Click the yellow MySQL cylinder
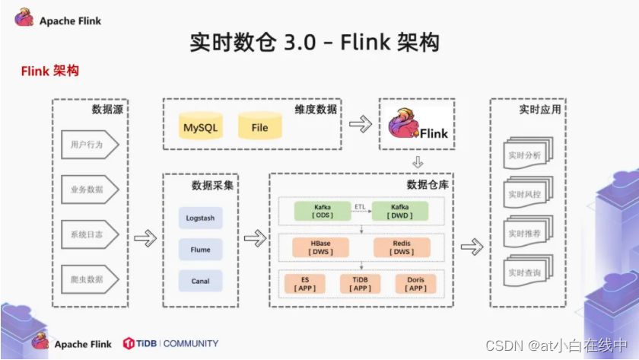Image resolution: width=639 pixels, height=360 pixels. (x=201, y=126)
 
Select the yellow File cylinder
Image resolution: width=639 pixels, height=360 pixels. (x=260, y=126)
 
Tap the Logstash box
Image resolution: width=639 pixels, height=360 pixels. (x=201, y=218)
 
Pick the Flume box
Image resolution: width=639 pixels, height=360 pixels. (x=201, y=250)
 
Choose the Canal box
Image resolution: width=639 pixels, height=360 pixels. (x=201, y=281)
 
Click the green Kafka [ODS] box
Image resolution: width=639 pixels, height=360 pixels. (x=323, y=211)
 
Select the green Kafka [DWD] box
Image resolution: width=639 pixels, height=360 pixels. (x=400, y=211)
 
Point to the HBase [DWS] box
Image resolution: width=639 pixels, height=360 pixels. (x=321, y=247)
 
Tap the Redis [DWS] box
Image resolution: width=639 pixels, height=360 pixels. (x=402, y=247)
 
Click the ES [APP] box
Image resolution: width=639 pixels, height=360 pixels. (x=305, y=284)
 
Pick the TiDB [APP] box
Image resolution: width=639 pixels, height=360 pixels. (x=361, y=284)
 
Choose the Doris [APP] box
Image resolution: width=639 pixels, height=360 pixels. (x=415, y=284)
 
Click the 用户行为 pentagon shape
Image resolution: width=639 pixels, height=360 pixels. (x=90, y=145)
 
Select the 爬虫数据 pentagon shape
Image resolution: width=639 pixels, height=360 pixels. (x=90, y=279)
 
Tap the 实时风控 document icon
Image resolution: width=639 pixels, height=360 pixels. (x=528, y=193)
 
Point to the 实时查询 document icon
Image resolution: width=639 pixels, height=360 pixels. (x=528, y=271)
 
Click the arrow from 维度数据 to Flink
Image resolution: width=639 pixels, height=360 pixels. (x=361, y=124)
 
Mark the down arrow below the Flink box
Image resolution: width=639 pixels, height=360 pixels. (x=418, y=162)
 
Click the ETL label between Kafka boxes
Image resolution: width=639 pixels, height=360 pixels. (x=360, y=207)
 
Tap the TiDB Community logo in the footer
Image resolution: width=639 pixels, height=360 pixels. (x=170, y=343)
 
